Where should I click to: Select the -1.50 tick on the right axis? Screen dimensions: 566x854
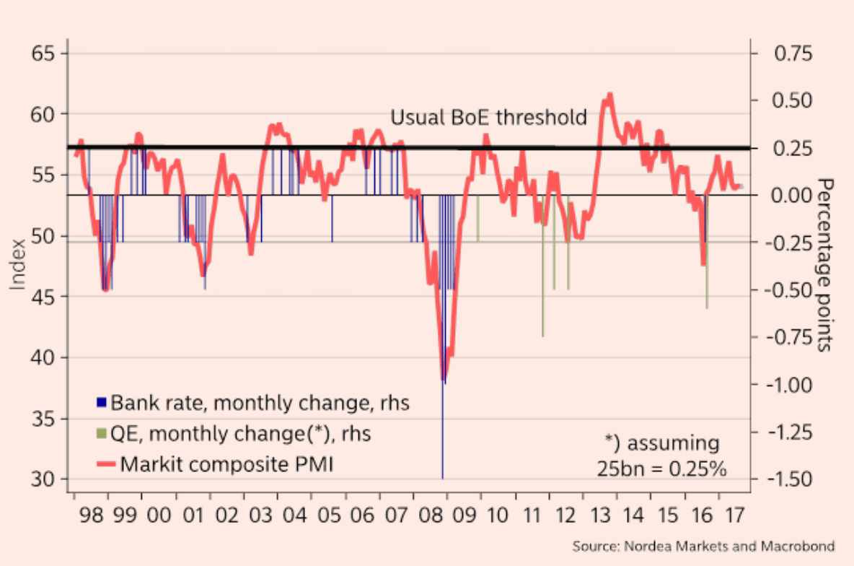[793, 479]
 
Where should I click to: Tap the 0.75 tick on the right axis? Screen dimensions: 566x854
[793, 53]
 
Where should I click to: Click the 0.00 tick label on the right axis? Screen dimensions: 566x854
[793, 195]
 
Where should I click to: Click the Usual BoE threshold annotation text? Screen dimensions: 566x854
[488, 118]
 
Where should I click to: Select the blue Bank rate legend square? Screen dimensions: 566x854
[101, 402]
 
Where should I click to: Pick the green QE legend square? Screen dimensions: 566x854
[101, 433]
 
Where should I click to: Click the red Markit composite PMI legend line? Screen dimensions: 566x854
[105, 464]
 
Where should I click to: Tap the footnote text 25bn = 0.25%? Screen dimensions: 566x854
[661, 468]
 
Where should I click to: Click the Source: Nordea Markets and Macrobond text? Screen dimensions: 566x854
[703, 546]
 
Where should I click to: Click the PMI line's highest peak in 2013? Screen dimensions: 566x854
[610, 94]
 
